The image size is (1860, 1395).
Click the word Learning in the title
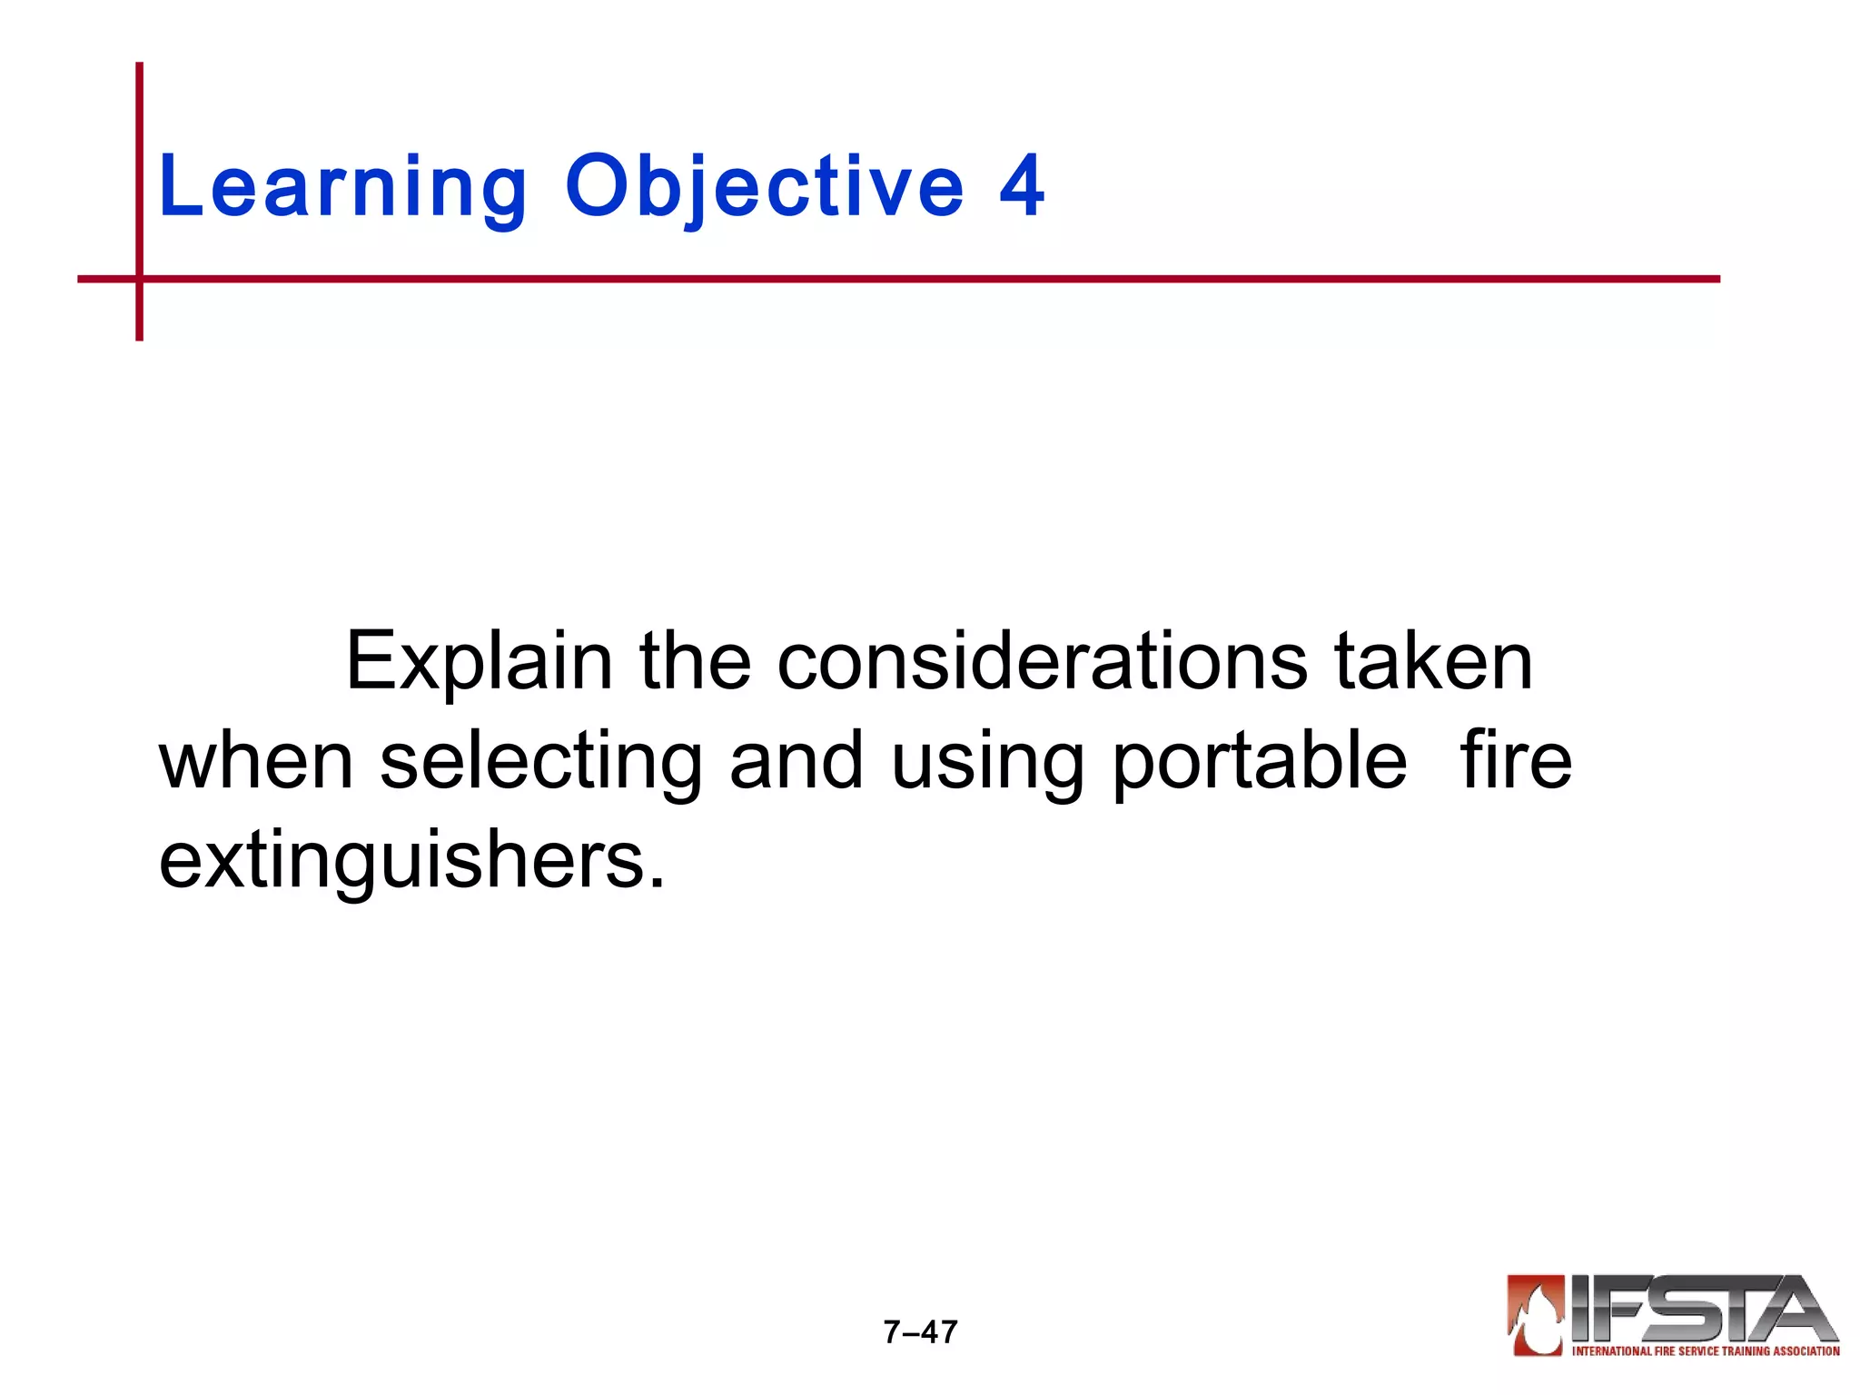pos(341,188)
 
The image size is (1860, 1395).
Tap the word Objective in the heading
pos(764,188)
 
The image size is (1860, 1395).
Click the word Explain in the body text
pos(479,663)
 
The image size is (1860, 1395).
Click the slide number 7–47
pos(920,1331)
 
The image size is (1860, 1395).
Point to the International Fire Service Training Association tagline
pos(1706,1351)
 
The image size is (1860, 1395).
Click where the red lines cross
pos(139,279)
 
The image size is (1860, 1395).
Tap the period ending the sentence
pos(658,882)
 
